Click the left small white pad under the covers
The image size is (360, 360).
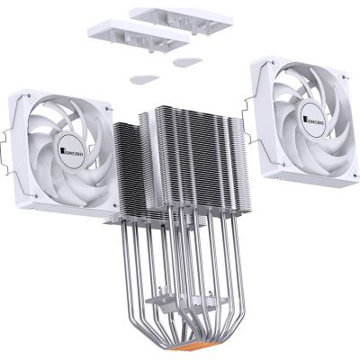click(140, 77)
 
